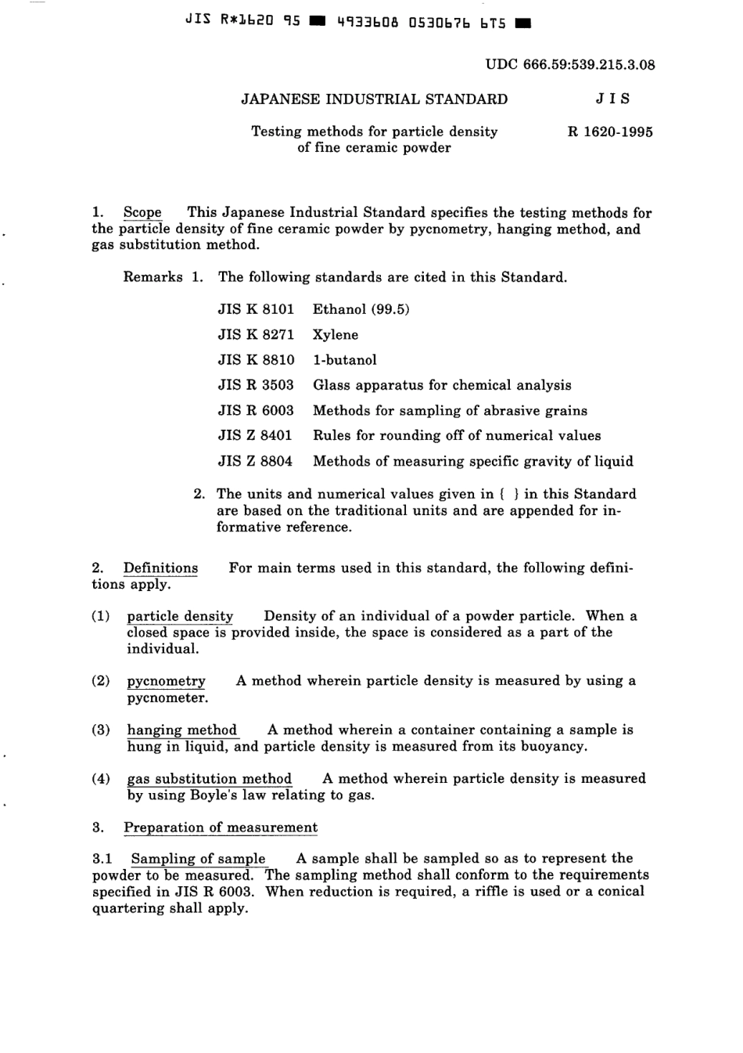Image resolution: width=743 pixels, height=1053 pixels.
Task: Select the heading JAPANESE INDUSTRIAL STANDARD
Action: (374, 99)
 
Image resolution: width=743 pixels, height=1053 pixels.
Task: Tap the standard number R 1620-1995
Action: (610, 132)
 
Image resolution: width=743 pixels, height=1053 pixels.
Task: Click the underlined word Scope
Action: (142, 213)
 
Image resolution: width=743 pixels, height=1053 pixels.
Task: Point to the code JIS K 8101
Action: (256, 309)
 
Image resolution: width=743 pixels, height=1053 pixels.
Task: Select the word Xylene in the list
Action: (336, 335)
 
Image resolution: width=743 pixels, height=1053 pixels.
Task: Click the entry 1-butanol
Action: (344, 360)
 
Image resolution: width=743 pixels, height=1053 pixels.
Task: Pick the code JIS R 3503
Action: (256, 385)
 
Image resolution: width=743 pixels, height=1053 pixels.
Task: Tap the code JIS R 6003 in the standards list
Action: (256, 411)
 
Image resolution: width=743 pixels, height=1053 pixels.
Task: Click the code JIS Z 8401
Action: (255, 436)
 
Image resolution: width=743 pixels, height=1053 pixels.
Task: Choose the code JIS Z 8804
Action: (255, 462)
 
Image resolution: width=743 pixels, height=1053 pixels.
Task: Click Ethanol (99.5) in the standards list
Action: (361, 309)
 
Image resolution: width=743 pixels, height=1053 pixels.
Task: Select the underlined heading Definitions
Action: (160, 568)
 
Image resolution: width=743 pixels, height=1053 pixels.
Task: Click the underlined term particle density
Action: (180, 616)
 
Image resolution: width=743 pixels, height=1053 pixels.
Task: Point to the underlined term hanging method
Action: (181, 730)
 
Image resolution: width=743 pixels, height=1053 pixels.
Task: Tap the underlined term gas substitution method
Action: (209, 779)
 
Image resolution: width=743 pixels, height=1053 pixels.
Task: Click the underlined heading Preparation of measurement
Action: (221, 828)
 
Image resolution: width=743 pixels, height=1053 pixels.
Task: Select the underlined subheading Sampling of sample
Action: (198, 859)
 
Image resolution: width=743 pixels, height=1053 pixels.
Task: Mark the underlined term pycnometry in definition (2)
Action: (166, 681)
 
